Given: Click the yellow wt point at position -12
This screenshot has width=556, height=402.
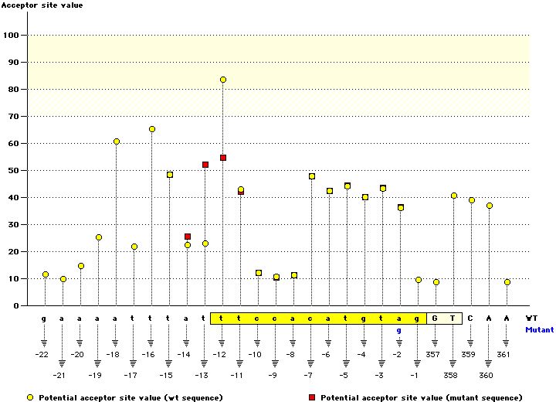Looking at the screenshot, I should [223, 80].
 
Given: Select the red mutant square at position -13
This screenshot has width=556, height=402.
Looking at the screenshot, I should [205, 165].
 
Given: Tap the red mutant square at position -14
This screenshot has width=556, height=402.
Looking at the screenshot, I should [188, 237].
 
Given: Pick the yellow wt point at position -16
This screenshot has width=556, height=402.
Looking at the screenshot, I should [152, 129].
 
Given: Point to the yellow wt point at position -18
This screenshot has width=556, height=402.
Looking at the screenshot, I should [117, 141].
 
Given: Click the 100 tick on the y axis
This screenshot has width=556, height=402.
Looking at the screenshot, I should [12, 36].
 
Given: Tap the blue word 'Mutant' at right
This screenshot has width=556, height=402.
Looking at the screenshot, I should [539, 329].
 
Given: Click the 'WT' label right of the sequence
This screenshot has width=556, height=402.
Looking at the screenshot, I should [531, 318].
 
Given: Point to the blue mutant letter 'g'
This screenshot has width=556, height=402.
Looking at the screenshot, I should [399, 330].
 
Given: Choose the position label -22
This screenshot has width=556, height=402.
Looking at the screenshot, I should [42, 354].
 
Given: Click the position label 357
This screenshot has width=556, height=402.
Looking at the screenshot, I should [434, 354].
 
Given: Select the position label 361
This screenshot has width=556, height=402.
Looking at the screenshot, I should [506, 354].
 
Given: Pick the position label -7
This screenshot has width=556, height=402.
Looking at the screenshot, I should [309, 375].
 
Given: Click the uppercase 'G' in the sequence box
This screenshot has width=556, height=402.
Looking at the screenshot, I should [435, 318].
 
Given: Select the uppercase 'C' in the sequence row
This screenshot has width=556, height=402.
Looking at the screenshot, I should [470, 318].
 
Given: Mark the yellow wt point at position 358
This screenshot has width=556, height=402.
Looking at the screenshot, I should [454, 196].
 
